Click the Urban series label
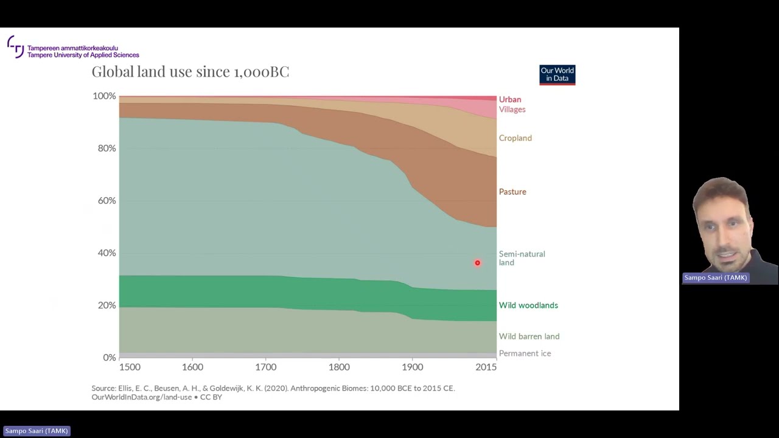tap(510, 99)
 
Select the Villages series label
tap(512, 109)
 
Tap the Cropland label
tap(515, 138)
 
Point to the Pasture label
tap(512, 192)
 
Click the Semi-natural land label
tap(522, 258)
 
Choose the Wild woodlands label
tap(528, 305)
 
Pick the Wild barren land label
tap(529, 336)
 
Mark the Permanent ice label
tap(525, 353)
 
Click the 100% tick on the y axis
tap(104, 96)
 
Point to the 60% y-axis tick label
tap(107, 201)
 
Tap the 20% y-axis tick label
tap(107, 305)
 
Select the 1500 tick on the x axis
tap(130, 367)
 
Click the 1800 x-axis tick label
tap(339, 367)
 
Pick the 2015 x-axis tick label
tap(486, 367)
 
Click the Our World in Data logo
tap(557, 75)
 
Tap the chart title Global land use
tap(190, 72)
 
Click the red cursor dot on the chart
tap(477, 263)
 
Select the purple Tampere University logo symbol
tap(16, 46)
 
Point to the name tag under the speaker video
tap(715, 277)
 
